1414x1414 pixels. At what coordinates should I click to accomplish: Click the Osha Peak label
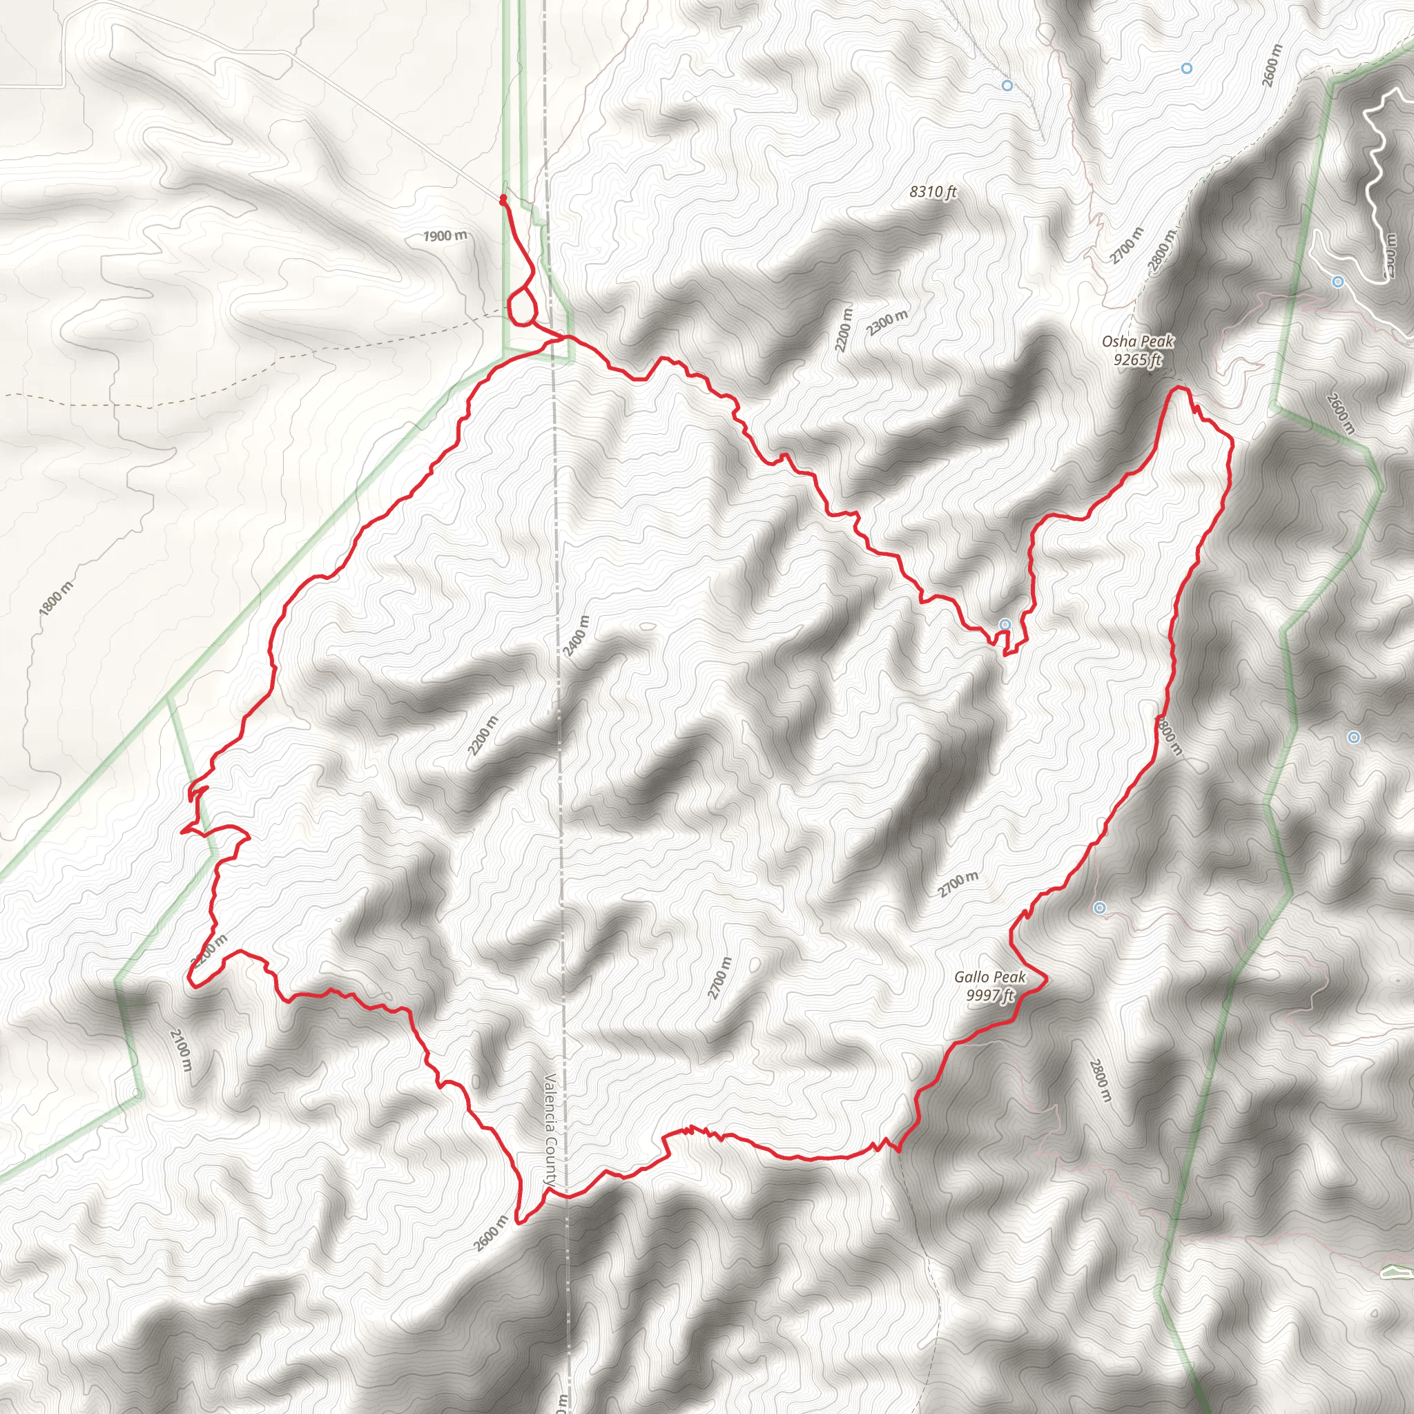1137,341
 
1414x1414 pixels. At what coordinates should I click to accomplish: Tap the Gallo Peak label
989,977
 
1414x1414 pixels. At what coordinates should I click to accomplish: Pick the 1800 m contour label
56,598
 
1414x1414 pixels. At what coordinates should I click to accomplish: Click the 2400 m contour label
576,636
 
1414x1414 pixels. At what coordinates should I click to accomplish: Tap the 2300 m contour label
887,322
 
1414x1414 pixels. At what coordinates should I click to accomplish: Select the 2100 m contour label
181,1050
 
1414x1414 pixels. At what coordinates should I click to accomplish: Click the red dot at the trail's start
503,198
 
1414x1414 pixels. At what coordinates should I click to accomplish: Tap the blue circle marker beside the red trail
1005,624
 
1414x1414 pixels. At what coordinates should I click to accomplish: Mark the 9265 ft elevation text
1137,359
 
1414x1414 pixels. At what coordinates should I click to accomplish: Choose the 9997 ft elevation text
990,996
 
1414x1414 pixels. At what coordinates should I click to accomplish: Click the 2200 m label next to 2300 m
844,329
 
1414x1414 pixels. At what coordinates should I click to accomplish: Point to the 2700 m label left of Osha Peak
1125,246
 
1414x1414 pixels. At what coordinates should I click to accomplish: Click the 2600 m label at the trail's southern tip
490,1234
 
